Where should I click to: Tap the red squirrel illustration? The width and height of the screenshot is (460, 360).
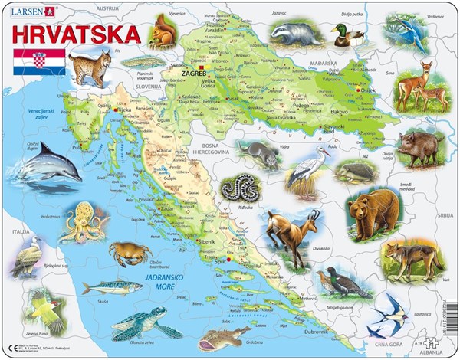[x=163, y=34]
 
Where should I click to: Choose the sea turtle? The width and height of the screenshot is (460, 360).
[x=142, y=322]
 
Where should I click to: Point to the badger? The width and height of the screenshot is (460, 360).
[x=294, y=33]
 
